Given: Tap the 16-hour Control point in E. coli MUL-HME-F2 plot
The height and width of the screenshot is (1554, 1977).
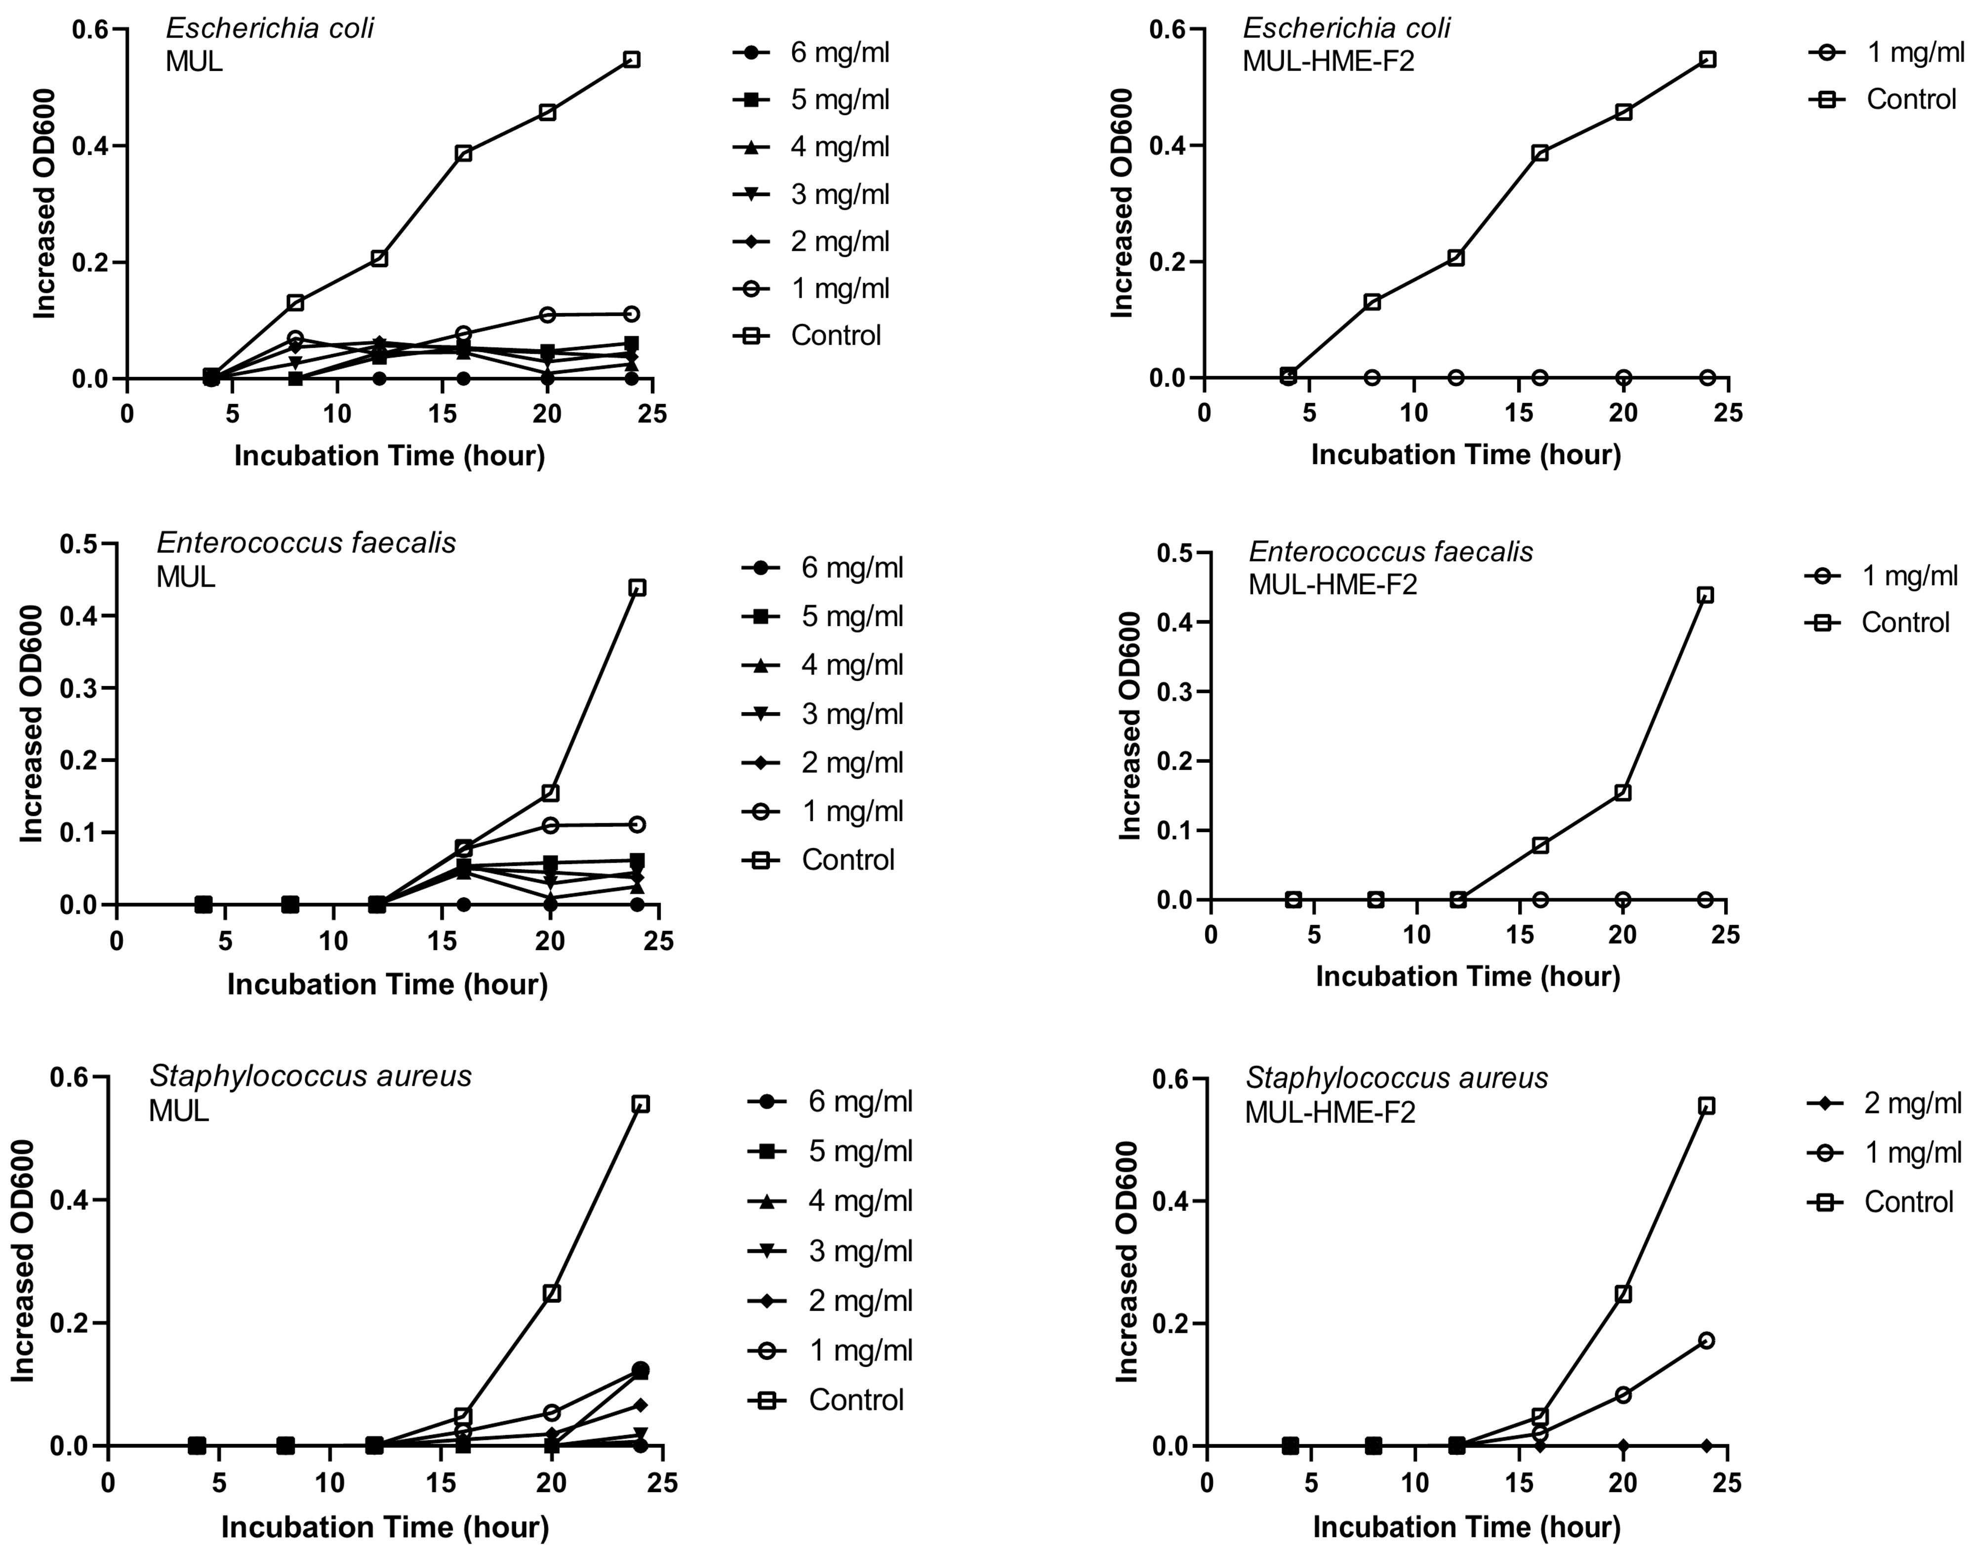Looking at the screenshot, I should point(1539,153).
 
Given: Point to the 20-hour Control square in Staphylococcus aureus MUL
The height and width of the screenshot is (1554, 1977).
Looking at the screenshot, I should point(551,1293).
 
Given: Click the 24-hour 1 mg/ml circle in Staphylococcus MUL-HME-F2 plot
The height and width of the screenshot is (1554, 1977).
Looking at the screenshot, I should point(1706,1340).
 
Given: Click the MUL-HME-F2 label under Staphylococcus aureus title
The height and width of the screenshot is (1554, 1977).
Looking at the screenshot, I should point(1330,1112).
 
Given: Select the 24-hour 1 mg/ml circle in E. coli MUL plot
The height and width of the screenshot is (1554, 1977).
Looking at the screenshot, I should point(631,314).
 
